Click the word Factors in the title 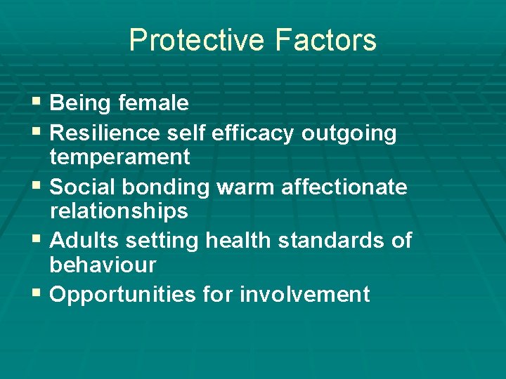coord(326,41)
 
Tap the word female coord(153,103)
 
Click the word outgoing coord(349,133)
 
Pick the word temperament coord(119,157)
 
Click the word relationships coord(119,211)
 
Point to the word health coord(238,241)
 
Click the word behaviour coord(103,265)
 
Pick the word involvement coord(304,295)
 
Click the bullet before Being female coord(37,103)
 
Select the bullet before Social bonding coord(37,187)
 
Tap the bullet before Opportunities coord(37,294)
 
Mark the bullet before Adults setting coord(37,241)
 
